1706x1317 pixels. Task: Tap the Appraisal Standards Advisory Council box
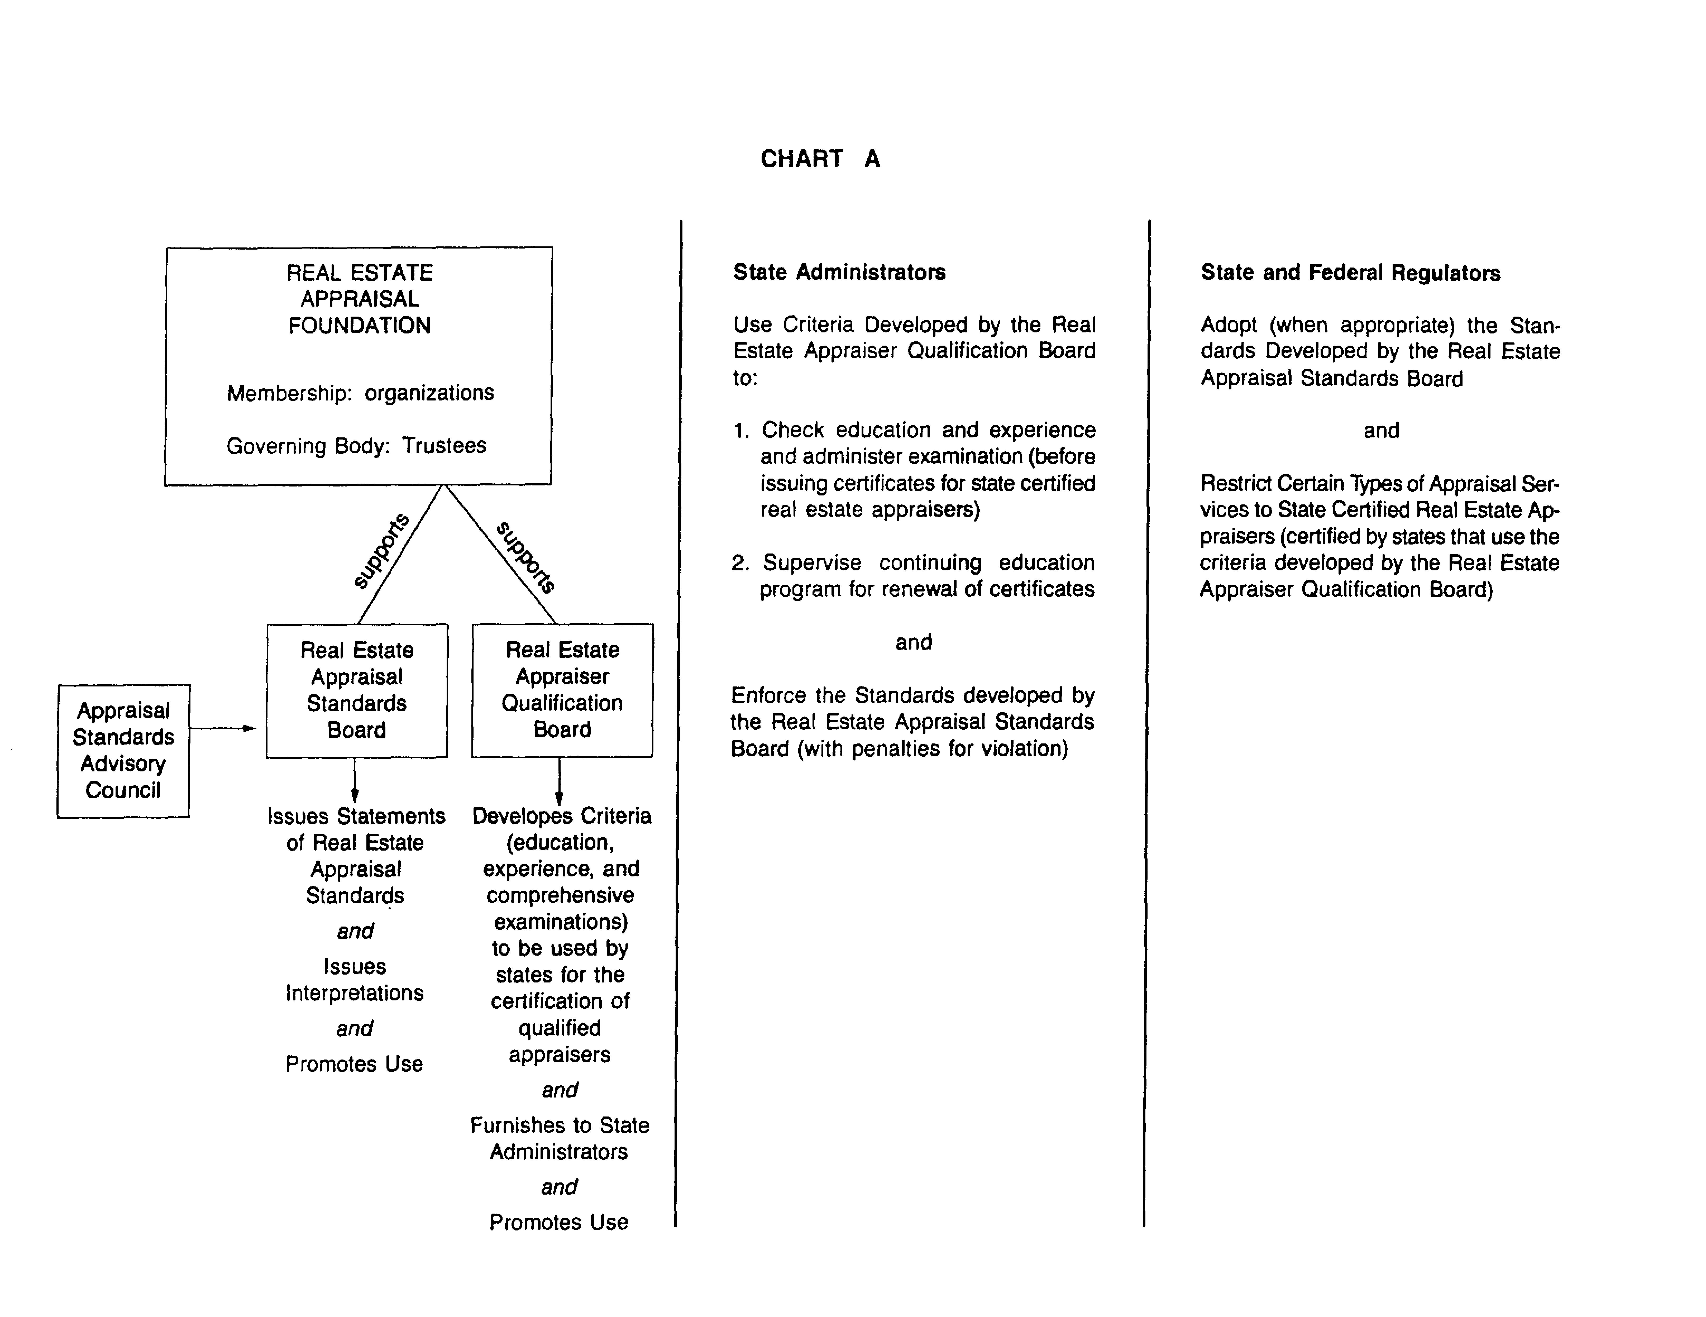pyautogui.click(x=123, y=751)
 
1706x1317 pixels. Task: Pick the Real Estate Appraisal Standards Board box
pyautogui.click(x=357, y=690)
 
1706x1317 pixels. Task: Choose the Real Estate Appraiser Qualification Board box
pyautogui.click(x=562, y=690)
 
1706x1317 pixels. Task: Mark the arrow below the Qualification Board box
pyautogui.click(x=559, y=781)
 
